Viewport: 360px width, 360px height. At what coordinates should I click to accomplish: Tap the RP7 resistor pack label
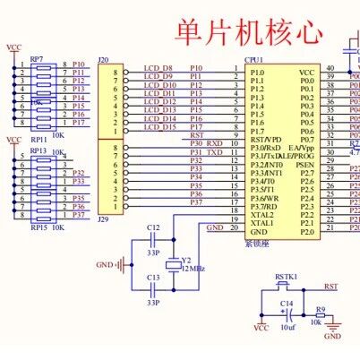pos(37,58)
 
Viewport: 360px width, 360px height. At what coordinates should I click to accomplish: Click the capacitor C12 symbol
pos(153,241)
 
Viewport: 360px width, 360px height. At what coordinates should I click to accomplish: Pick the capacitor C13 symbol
pos(153,291)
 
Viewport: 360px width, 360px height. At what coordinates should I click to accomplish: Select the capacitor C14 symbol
pos(287,315)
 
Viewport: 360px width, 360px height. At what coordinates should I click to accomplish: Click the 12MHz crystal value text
pos(194,269)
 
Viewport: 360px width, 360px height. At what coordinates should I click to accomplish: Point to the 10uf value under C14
pos(287,329)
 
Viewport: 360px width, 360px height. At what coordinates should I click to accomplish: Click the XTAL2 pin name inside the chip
pos(262,215)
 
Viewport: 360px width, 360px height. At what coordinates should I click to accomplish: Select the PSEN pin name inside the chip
pos(304,165)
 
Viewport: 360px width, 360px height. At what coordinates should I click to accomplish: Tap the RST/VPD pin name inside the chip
pos(266,140)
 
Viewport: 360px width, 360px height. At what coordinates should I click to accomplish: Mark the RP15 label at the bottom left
pos(37,228)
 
